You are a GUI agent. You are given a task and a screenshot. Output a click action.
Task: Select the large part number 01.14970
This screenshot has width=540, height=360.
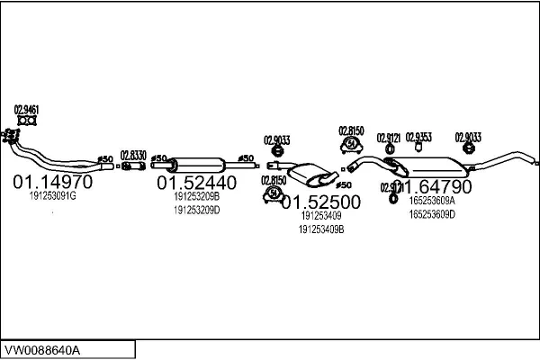[52, 183]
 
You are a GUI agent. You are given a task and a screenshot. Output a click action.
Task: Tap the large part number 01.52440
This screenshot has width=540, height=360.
[197, 183]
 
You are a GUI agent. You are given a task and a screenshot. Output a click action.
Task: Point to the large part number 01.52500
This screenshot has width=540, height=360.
[321, 202]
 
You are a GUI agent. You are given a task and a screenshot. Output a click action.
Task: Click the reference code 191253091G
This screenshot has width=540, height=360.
[52, 195]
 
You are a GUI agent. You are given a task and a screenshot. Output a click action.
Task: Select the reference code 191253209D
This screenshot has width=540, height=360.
[197, 210]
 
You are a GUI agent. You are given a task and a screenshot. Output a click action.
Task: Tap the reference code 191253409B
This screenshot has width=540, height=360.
[321, 229]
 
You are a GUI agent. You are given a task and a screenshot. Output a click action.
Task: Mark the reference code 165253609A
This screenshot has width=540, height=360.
[432, 202]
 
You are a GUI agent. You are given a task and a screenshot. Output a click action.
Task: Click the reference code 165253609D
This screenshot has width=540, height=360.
[432, 214]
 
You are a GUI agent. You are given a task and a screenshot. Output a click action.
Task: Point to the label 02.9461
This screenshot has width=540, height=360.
[26, 110]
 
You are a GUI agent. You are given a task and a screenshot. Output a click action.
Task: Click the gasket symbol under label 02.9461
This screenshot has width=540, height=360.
[27, 120]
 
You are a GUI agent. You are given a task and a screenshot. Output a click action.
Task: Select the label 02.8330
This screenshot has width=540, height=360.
[133, 155]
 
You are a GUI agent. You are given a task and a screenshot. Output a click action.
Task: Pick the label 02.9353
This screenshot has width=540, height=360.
[418, 137]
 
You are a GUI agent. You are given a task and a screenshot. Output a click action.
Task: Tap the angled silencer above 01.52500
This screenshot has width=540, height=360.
[310, 172]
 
